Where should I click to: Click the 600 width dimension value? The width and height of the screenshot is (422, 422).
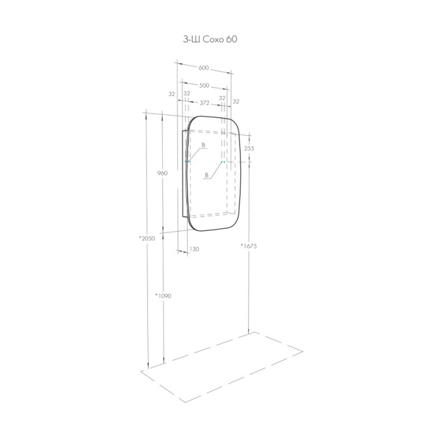pyautogui.click(x=204, y=68)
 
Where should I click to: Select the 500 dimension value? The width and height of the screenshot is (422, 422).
pyautogui.click(x=205, y=86)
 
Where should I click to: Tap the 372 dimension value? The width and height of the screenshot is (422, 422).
pyautogui.click(x=205, y=103)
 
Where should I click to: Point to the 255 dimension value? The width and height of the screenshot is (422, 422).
pyautogui.click(x=249, y=148)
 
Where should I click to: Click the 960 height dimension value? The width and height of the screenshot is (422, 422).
pyautogui.click(x=162, y=173)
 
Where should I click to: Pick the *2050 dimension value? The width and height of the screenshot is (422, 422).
pyautogui.click(x=147, y=238)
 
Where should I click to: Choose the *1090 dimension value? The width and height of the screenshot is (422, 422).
pyautogui.click(x=163, y=296)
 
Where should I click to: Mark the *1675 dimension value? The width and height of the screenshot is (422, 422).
pyautogui.click(x=249, y=245)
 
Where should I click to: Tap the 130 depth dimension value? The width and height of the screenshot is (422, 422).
pyautogui.click(x=194, y=249)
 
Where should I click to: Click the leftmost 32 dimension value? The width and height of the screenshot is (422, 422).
pyautogui.click(x=171, y=94)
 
